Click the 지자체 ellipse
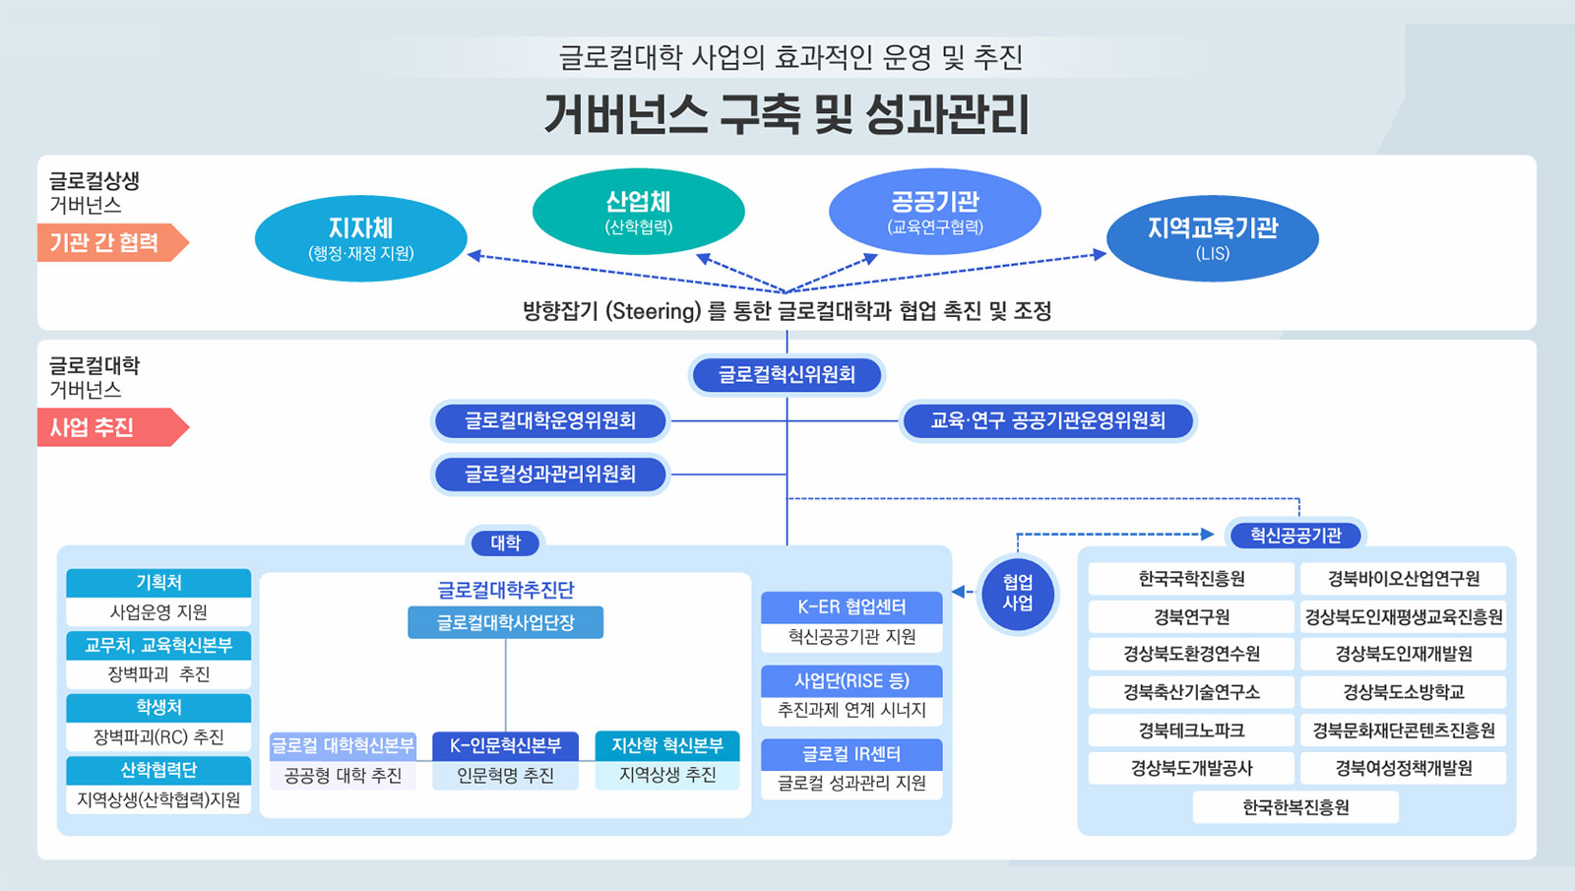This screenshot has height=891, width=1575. (x=360, y=238)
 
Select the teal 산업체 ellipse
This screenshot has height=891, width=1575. (x=639, y=211)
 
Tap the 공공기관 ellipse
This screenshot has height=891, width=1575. (x=935, y=211)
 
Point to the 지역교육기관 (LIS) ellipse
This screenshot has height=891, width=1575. (x=1213, y=238)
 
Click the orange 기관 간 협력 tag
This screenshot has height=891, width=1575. (x=112, y=242)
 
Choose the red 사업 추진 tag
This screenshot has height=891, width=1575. (x=112, y=427)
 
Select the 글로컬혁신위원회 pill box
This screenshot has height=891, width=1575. (x=787, y=375)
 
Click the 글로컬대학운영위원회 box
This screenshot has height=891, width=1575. (x=550, y=421)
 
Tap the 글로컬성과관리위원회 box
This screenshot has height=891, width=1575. (x=550, y=474)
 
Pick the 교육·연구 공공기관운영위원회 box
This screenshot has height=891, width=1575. (x=1047, y=421)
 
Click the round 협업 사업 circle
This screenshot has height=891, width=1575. (x=1018, y=593)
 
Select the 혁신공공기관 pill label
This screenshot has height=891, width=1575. (x=1295, y=536)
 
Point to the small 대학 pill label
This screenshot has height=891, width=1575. (x=506, y=542)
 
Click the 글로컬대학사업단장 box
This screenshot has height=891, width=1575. (x=506, y=622)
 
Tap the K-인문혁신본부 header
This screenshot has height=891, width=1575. (x=506, y=745)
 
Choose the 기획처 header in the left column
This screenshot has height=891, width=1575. (x=158, y=582)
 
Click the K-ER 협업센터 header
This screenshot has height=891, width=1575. (x=851, y=606)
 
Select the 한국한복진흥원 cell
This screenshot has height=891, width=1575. (x=1295, y=807)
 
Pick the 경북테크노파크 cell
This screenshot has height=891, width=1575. (x=1192, y=730)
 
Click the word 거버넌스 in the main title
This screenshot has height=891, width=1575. (x=625, y=114)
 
